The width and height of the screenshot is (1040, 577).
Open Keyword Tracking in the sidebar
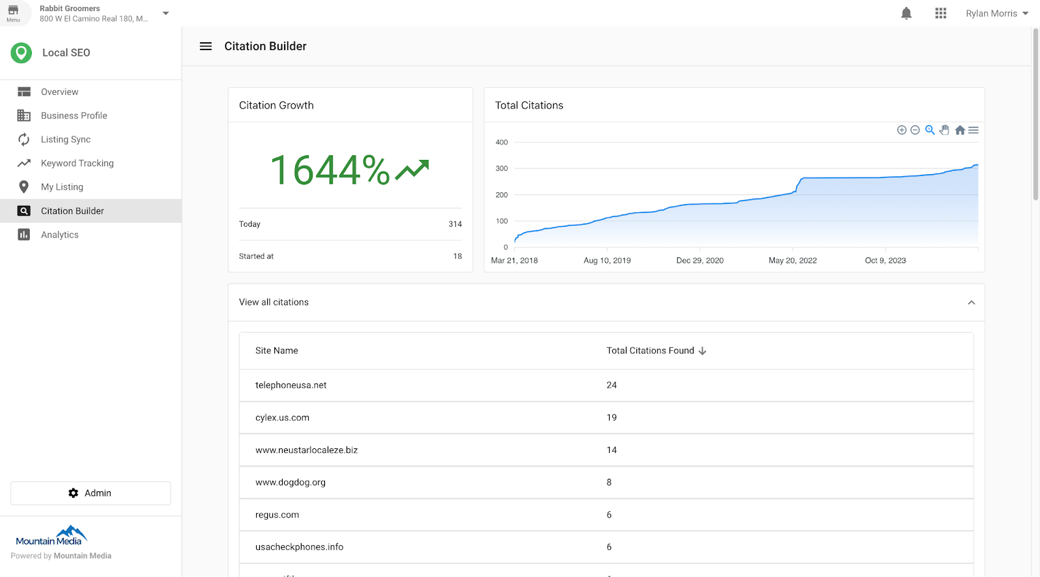pos(77,163)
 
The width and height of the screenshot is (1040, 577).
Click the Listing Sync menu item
pos(66,139)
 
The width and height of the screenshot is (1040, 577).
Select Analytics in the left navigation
pos(59,235)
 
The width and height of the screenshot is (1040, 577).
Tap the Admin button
pos(90,493)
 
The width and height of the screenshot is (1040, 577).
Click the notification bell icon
pos(906,14)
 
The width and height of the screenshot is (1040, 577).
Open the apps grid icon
pos(941,14)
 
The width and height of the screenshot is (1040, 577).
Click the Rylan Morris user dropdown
pos(996,14)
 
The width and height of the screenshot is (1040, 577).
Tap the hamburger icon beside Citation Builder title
pos(205,46)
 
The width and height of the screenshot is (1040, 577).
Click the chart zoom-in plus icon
pos(902,130)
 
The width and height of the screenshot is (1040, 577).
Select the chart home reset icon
pos(959,130)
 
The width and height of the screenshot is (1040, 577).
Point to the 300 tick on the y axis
pos(501,168)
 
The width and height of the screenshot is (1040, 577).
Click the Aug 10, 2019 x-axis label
pos(607,261)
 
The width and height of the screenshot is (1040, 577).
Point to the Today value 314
pos(455,224)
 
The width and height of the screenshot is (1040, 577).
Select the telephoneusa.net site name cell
pos(291,385)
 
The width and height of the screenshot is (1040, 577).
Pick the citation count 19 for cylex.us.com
pos(611,418)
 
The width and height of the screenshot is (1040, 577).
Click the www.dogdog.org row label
pos(290,482)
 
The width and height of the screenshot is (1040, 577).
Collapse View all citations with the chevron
pos(971,302)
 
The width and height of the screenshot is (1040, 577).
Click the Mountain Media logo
pos(51,537)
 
